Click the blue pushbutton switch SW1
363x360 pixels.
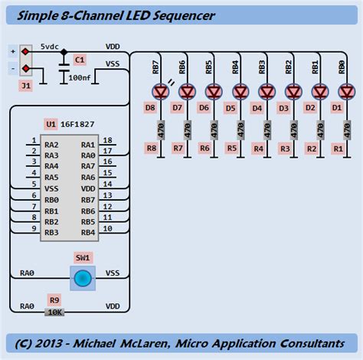click(x=83, y=278)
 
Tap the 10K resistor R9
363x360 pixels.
click(x=54, y=312)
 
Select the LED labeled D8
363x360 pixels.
click(x=159, y=91)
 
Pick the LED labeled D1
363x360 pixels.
click(x=345, y=91)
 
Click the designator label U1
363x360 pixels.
click(x=51, y=123)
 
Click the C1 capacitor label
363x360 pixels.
click(x=79, y=59)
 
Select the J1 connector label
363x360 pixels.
click(x=27, y=86)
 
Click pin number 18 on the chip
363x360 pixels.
click(x=108, y=141)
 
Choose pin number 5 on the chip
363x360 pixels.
click(x=34, y=185)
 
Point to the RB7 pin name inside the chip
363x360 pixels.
click(x=87, y=199)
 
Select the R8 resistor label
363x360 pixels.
click(x=151, y=148)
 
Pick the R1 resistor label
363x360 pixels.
click(x=336, y=148)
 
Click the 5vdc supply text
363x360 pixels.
click(x=51, y=46)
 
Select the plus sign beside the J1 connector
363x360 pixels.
click(x=12, y=51)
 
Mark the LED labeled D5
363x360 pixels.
click(x=239, y=91)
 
